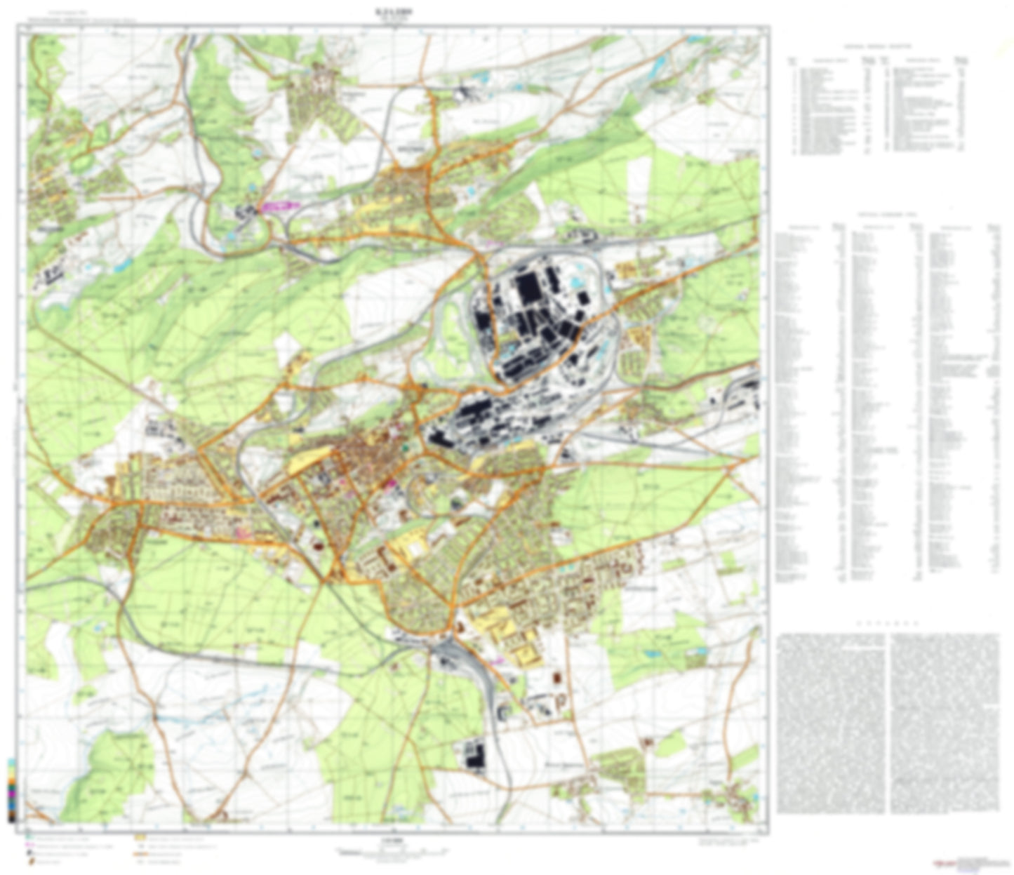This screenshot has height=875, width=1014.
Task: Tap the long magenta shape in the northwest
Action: click(278, 206)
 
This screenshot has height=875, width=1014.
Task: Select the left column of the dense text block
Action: click(832, 723)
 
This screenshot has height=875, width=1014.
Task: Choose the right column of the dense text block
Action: click(945, 723)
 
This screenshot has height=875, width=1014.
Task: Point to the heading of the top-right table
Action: click(877, 46)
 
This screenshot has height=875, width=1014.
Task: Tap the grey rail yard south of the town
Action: click(449, 656)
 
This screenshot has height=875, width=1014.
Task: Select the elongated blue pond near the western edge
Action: click(122, 265)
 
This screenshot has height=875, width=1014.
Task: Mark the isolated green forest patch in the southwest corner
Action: click(109, 772)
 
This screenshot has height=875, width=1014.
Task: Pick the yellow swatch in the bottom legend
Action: click(140, 837)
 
